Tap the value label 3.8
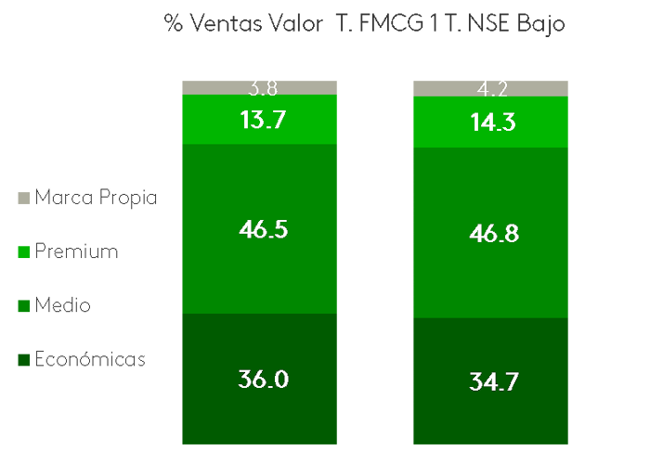(x=262, y=89)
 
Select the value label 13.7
(x=262, y=120)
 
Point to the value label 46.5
(x=262, y=229)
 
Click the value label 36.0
(x=262, y=380)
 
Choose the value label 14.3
(x=491, y=122)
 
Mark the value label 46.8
(x=491, y=233)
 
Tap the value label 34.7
(x=491, y=381)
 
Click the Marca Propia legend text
(x=96, y=198)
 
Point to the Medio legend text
(x=62, y=305)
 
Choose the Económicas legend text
(x=90, y=359)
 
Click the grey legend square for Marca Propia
(x=24, y=198)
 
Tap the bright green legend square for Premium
(x=24, y=251)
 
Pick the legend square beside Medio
(x=24, y=305)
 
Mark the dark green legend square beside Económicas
(x=24, y=359)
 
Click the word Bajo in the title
(x=538, y=23)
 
